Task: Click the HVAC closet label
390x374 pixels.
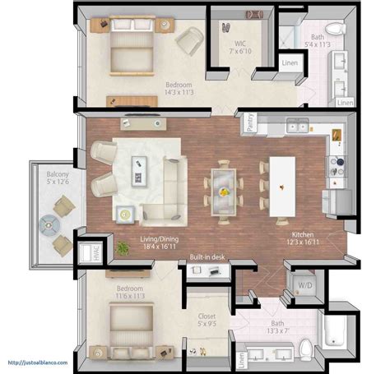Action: point(85,253)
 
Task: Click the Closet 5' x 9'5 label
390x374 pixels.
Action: point(207,321)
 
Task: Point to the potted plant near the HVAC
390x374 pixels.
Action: point(123,247)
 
